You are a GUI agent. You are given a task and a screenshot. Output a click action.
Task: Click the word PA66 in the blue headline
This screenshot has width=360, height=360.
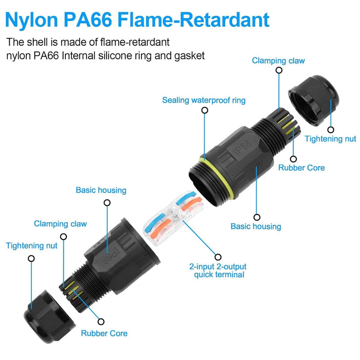point(88,20)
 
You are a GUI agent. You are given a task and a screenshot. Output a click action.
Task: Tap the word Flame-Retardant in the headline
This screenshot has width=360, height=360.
point(193,20)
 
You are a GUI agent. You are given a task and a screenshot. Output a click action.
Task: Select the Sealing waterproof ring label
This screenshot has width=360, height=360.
point(204,100)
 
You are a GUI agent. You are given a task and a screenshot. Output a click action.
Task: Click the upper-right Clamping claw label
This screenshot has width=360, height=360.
point(278,61)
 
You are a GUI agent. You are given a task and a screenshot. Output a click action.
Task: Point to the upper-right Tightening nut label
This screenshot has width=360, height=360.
point(330,139)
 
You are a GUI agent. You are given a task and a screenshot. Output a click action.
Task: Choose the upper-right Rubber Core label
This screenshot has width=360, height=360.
point(301,168)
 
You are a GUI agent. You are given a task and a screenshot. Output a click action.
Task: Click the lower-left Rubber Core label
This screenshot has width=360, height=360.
point(104,333)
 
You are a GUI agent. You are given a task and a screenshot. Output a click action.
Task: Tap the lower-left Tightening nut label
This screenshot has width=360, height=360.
point(31,246)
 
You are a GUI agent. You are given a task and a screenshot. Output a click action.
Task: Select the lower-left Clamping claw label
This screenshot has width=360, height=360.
point(60,224)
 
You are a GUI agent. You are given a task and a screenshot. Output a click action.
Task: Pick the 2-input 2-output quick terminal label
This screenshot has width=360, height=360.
point(218,271)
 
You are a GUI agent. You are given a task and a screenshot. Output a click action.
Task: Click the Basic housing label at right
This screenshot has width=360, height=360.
point(256,226)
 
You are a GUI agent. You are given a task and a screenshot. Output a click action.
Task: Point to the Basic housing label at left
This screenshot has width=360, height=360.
point(101,190)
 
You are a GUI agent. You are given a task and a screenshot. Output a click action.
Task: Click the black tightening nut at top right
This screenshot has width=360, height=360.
point(314,100)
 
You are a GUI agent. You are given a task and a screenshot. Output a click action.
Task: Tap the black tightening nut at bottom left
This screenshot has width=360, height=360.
point(49,317)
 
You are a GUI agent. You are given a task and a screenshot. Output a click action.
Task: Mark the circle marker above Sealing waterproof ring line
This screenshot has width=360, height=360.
point(205,111)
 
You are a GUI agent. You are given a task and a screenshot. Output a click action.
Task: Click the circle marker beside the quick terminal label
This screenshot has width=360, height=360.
point(218,257)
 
